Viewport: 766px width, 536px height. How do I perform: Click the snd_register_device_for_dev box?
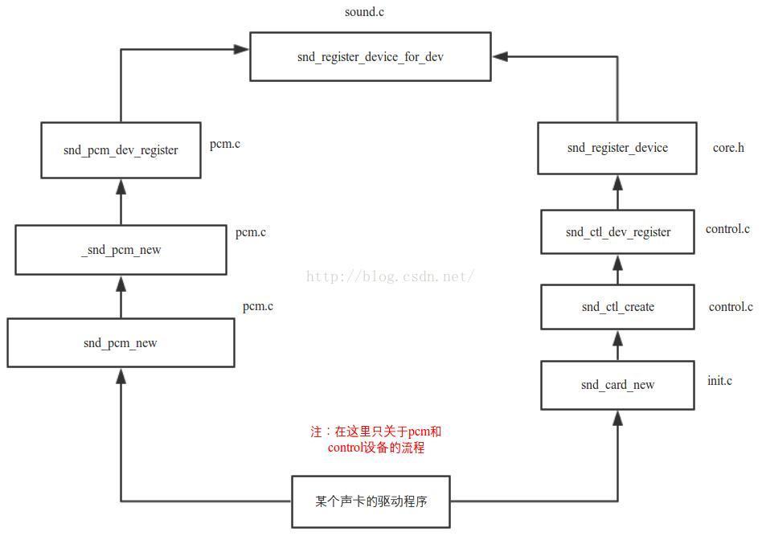[x=370, y=56]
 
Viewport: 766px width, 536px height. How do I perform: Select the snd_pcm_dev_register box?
[x=121, y=150]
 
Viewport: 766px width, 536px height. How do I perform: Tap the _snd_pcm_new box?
[x=121, y=250]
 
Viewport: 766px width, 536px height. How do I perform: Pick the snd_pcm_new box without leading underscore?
[x=121, y=343]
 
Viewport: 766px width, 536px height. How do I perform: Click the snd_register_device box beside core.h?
[x=616, y=148]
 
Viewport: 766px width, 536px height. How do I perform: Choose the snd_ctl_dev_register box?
[x=617, y=232]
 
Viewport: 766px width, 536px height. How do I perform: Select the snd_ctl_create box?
[x=617, y=307]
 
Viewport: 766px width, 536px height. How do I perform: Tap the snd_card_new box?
[x=617, y=385]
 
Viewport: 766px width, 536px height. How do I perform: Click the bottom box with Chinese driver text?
[x=371, y=501]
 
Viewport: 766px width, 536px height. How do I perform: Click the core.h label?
[x=728, y=148]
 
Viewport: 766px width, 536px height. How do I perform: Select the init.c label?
[x=719, y=380]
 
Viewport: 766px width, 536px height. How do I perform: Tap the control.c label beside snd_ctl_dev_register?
[x=727, y=229]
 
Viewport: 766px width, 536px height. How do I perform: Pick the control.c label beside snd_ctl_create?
[x=731, y=307]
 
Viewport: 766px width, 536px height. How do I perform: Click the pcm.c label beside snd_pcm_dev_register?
[x=225, y=145]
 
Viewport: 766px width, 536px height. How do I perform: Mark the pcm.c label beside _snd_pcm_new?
[x=250, y=232]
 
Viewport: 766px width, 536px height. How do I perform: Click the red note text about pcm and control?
[x=376, y=440]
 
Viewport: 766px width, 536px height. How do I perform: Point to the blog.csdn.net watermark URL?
[x=391, y=276]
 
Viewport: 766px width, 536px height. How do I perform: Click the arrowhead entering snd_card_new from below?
[x=617, y=417]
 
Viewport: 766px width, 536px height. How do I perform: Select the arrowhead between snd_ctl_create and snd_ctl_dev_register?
[x=617, y=262]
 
